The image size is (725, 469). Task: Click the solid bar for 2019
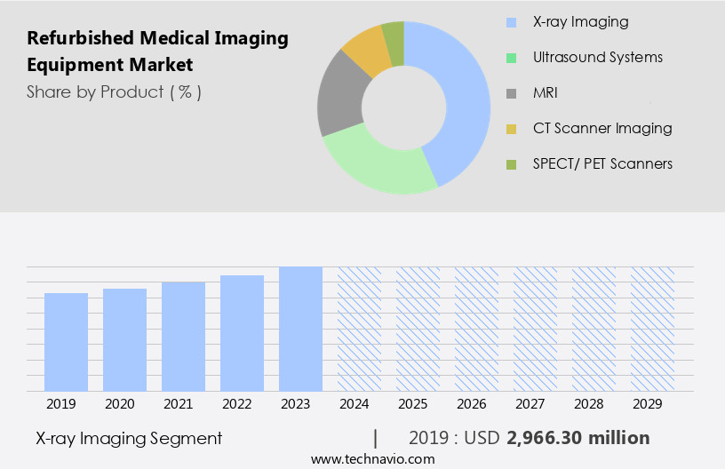pos(67,342)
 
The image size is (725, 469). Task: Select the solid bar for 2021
pos(184,337)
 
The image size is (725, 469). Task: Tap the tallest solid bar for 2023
pos(300,329)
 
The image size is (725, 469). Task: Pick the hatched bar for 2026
pos(477,329)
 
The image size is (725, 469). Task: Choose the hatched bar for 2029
pos(653,329)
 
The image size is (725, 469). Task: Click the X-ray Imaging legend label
pos(580,21)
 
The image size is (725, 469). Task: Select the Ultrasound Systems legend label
pos(597,57)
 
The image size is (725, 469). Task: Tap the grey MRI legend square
pos(511,93)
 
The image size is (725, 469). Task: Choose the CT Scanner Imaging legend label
pos(602,128)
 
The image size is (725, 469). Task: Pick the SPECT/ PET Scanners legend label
pos(602,163)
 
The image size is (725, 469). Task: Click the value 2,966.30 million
pos(578,438)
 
